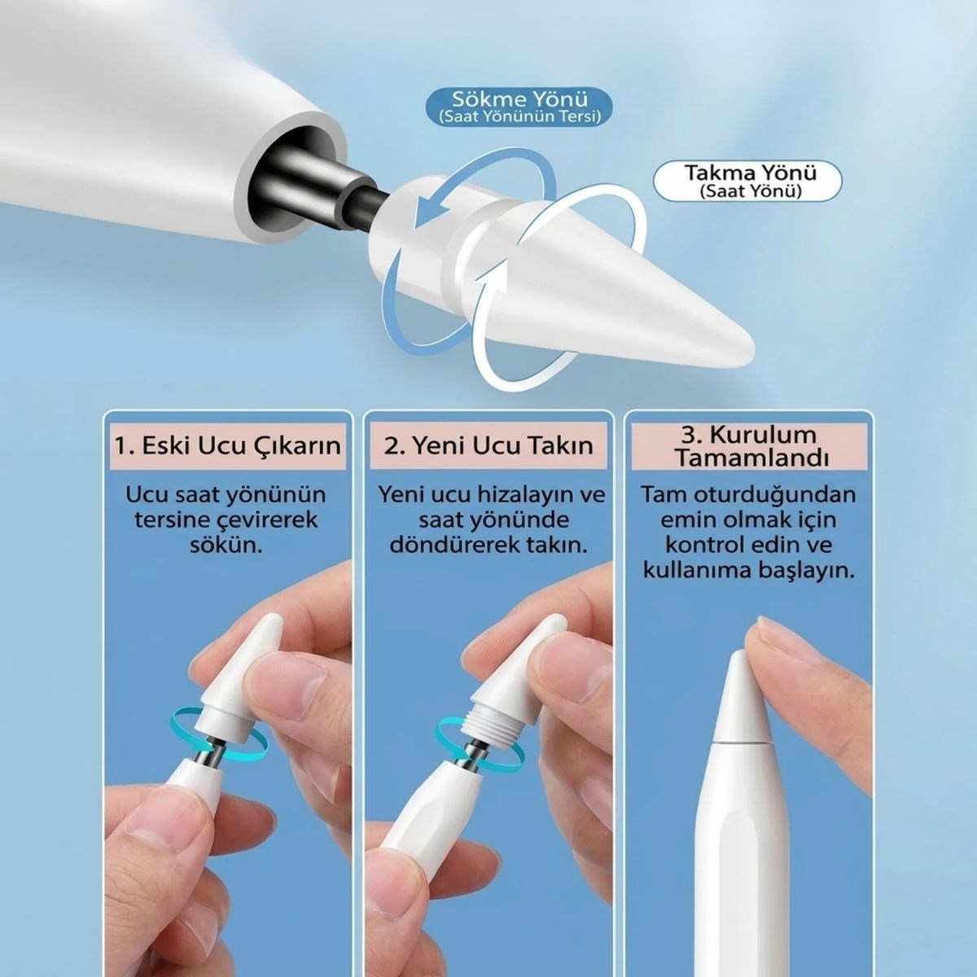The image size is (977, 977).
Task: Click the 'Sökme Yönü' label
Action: click(x=519, y=98)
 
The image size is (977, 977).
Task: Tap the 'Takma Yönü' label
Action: click(x=751, y=173)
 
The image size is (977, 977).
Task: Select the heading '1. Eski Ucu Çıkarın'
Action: click(x=228, y=446)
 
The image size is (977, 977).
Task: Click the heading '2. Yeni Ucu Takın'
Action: click(x=488, y=446)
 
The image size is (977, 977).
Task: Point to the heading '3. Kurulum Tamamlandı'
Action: click(x=749, y=447)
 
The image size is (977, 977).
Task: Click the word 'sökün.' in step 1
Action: click(x=226, y=546)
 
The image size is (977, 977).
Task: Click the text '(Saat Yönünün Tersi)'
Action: click(x=519, y=117)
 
